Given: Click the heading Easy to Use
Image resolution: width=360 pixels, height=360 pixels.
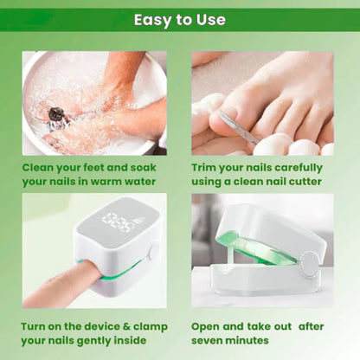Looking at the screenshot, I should tap(180, 19).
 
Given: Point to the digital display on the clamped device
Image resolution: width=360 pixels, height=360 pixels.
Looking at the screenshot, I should tap(117, 223).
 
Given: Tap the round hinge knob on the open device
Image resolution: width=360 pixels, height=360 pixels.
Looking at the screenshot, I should tap(309, 262).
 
